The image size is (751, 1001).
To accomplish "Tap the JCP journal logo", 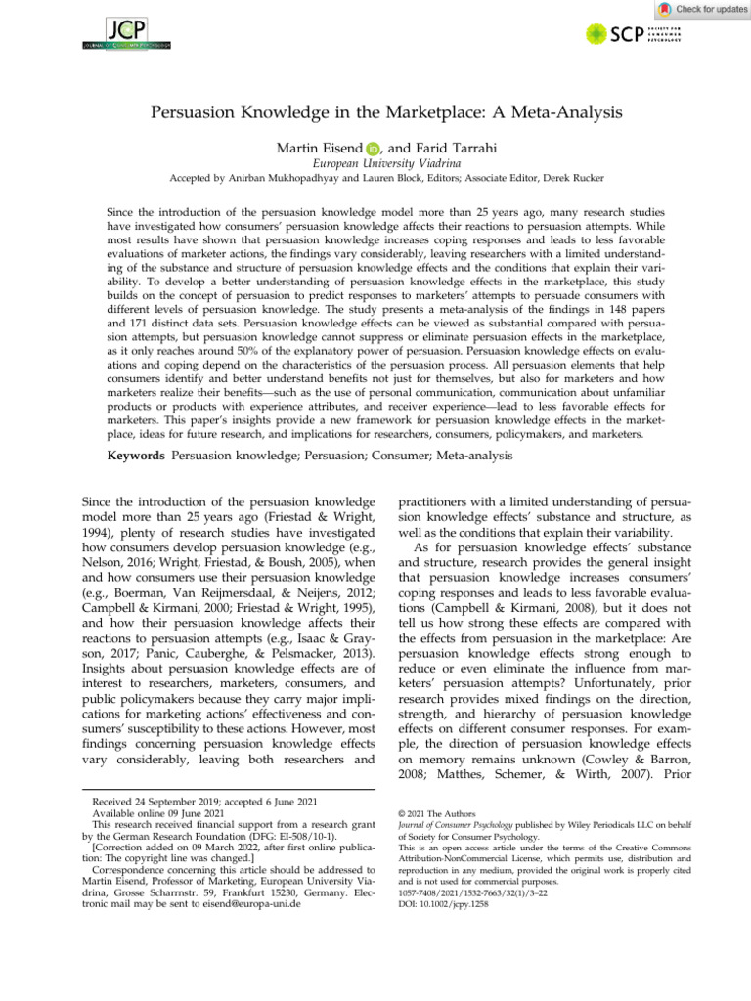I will pyautogui.click(x=126, y=31).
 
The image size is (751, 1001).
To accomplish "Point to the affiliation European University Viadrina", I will pyautogui.click(x=375, y=165).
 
